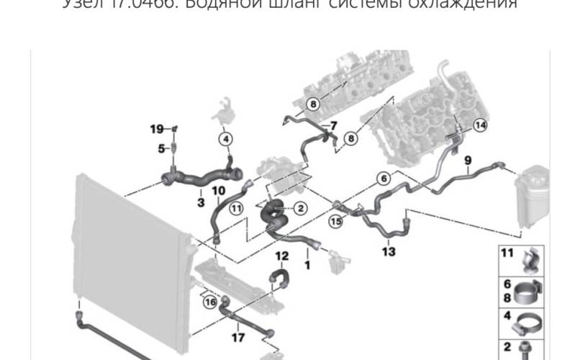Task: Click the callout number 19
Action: click(x=157, y=129)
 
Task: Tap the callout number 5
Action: click(x=162, y=149)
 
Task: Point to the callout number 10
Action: click(x=219, y=191)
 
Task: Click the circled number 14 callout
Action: click(x=479, y=125)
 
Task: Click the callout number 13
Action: click(x=389, y=252)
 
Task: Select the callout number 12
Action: click(x=281, y=256)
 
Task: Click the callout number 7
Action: click(x=333, y=126)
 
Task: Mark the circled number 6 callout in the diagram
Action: click(x=383, y=178)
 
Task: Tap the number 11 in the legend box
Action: click(x=507, y=252)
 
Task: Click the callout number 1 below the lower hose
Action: click(x=307, y=265)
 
